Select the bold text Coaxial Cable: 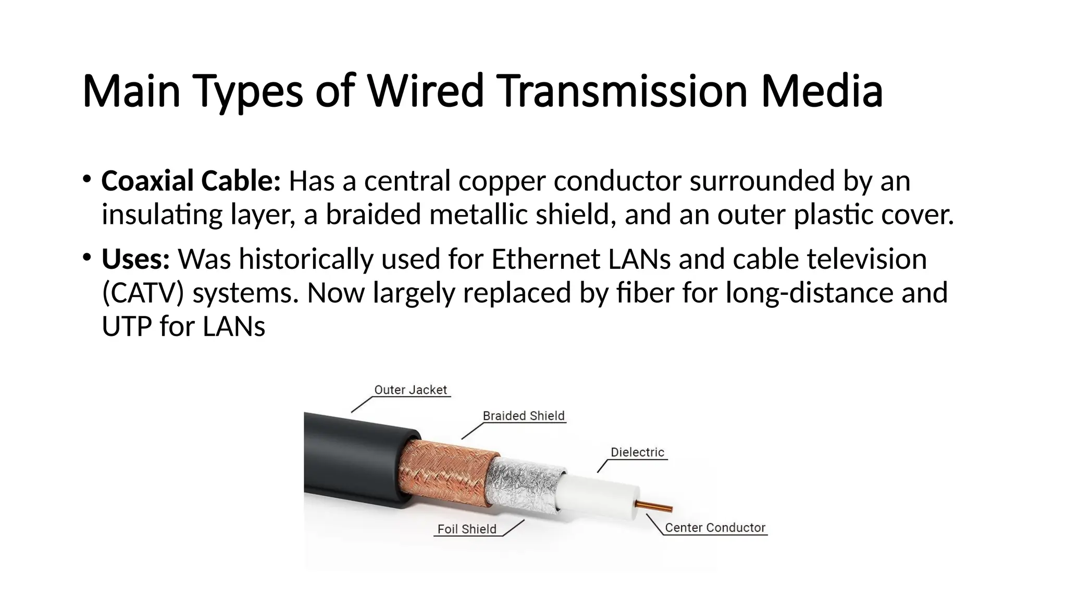tap(191, 181)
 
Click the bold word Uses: tap(135, 259)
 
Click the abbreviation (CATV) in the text tap(143, 293)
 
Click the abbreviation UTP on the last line tap(127, 327)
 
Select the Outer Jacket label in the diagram tap(411, 390)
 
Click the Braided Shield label tap(523, 416)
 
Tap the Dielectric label tap(637, 453)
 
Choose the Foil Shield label tap(467, 529)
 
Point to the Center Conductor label tap(715, 528)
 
